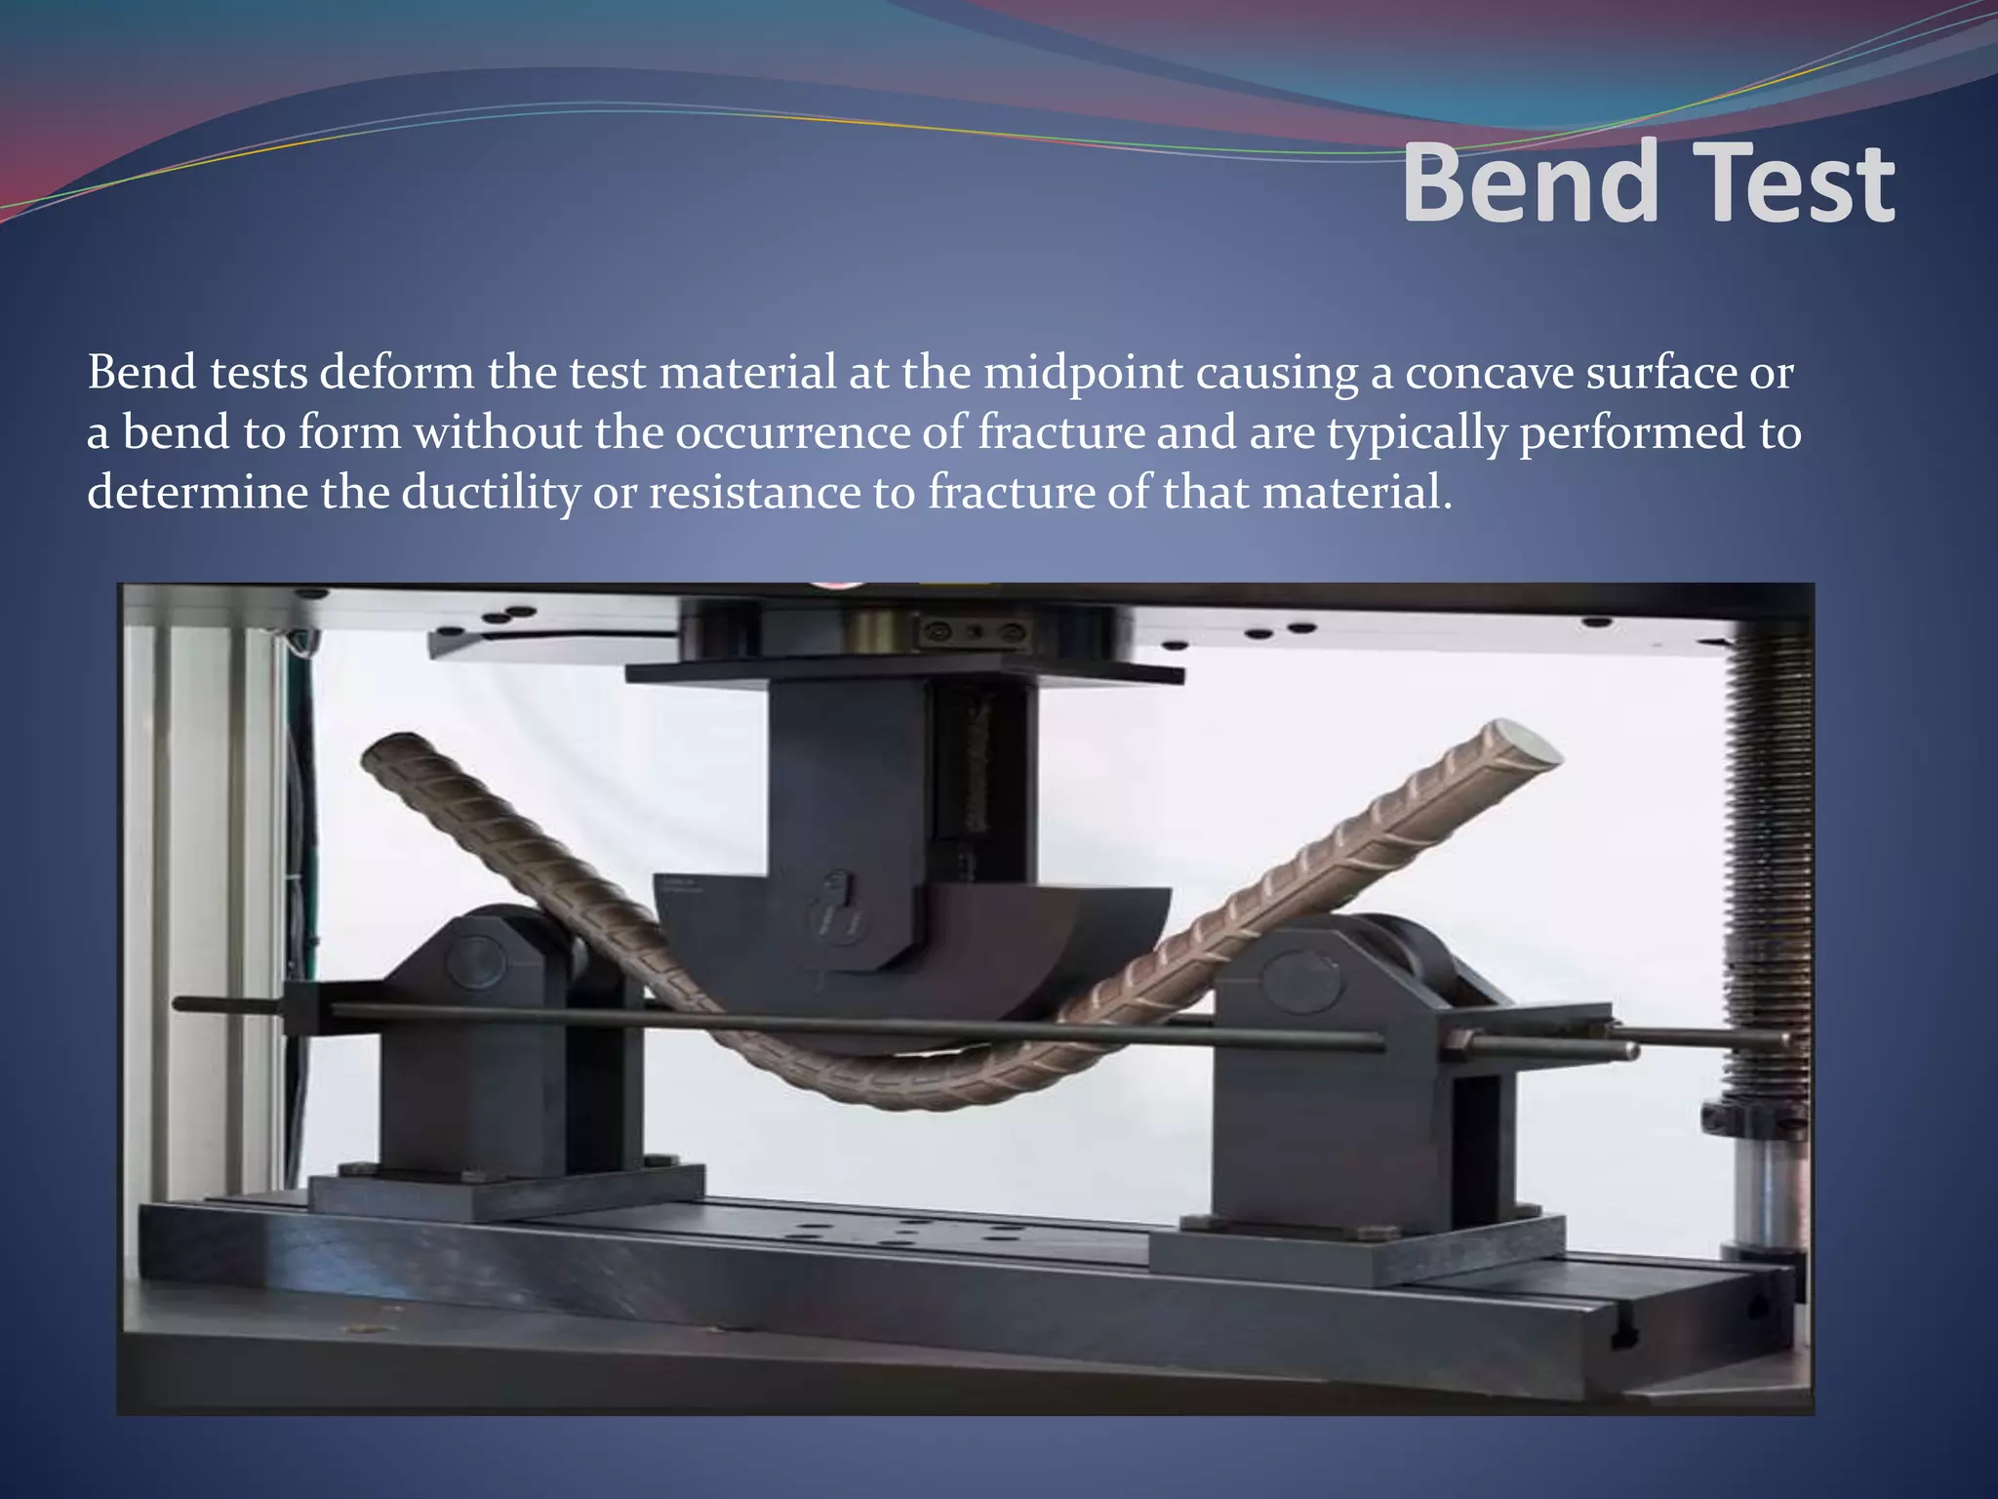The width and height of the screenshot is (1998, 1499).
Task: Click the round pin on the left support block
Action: point(475,961)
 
